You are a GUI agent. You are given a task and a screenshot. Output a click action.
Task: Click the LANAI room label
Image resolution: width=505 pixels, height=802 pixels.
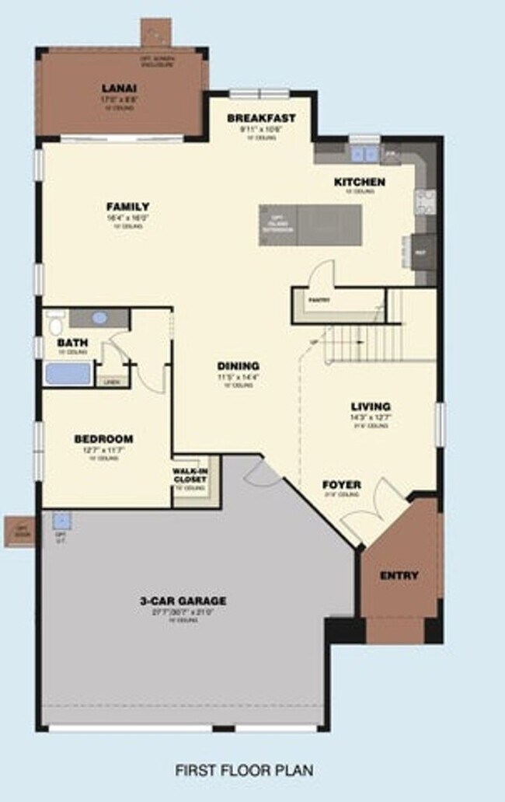119,88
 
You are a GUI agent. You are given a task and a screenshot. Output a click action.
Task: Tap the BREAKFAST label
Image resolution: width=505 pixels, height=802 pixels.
261,118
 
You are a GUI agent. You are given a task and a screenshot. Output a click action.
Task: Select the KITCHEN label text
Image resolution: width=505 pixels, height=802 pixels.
359,182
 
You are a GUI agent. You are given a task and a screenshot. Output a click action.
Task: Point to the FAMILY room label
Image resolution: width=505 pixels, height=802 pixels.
128,206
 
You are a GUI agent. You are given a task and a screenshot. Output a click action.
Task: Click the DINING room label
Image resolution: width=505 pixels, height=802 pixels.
238,366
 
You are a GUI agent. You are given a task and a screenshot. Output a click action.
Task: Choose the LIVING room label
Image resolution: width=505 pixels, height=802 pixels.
371,406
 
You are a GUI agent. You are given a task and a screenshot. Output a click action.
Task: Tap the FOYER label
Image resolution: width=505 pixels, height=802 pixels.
342,485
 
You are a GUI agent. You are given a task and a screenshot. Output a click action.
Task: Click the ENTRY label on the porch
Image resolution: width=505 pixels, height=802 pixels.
399,576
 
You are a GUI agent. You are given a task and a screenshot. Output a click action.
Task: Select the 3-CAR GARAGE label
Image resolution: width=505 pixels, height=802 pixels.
183,601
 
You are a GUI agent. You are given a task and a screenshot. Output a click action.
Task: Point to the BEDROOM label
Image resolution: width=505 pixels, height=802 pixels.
103,439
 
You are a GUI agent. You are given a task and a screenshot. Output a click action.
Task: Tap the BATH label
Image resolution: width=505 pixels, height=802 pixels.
72,342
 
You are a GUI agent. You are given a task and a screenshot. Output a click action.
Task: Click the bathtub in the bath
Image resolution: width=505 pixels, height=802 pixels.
68,374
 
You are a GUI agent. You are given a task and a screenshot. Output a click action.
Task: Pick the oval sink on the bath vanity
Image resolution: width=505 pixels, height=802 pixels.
99,318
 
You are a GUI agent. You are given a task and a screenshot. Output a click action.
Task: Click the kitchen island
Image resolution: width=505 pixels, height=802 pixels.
311,225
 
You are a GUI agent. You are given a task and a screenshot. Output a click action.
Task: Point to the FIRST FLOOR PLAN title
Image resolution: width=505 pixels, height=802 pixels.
245,771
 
